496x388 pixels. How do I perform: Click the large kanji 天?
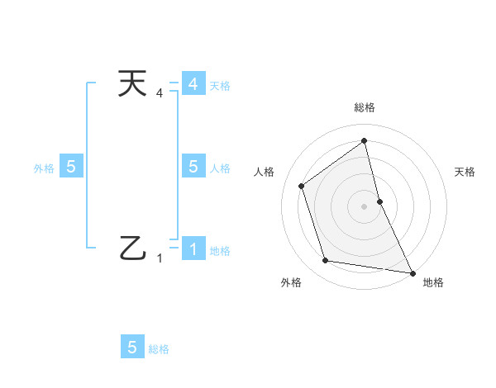pos(133,84)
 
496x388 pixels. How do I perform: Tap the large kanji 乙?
pos(133,247)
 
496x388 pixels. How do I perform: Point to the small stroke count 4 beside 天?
pos(160,92)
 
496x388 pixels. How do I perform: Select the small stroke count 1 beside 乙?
pos(160,258)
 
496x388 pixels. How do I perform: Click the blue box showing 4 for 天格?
pos(193,84)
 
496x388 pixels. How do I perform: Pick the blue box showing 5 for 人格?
pos(193,167)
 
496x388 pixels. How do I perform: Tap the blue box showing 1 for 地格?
pos(193,248)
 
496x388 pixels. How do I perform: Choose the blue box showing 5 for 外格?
pos(71,167)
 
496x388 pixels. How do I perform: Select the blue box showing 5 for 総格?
pos(132,347)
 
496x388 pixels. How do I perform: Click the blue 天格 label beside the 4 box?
pos(220,85)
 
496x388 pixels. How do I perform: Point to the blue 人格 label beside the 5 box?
pos(220,168)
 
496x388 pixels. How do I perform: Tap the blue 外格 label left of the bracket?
pos(44,168)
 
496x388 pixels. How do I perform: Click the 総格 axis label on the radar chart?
pos(365,107)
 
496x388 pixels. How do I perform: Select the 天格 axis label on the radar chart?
pos(465,172)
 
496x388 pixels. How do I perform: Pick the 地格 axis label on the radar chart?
pos(433,282)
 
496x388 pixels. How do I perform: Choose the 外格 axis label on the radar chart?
pos(291,282)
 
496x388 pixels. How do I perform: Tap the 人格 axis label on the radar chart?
pos(264,172)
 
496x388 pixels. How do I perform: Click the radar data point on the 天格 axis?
pos(379,201)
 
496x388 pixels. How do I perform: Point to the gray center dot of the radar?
pos(364,206)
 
